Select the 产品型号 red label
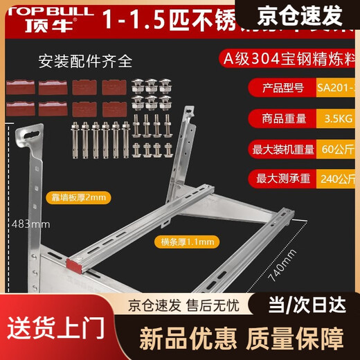pos(280,88)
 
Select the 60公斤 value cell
pos(338,147)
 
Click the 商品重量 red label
pos(280,118)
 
